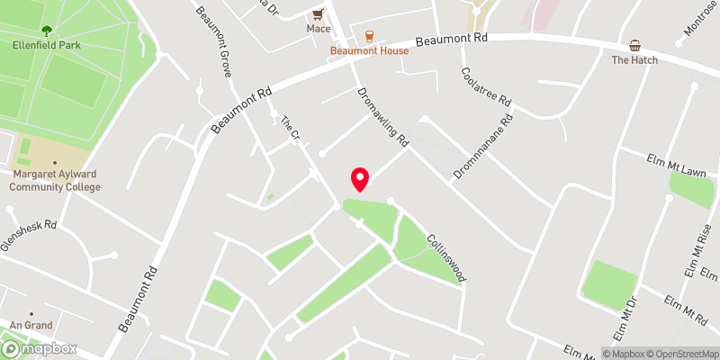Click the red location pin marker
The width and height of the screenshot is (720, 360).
coord(359,178)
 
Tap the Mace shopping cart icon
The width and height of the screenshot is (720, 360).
coord(318,14)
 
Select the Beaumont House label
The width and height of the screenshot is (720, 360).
coord(369,51)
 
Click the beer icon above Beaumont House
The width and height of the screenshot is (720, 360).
coord(369,36)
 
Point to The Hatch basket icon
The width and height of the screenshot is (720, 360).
coord(634,46)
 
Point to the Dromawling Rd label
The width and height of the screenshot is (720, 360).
coord(382,117)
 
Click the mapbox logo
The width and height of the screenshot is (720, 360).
coord(40,348)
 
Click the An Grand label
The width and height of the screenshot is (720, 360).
coord(31,325)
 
